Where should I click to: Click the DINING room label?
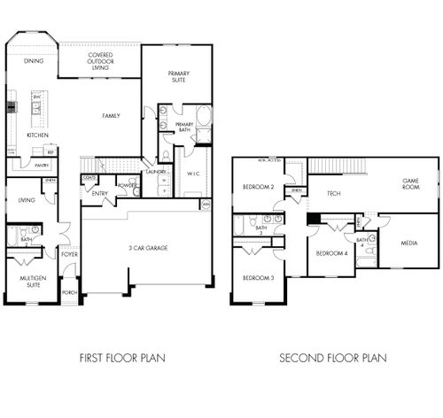34,61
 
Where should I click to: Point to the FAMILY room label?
111,115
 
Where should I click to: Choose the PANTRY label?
41,165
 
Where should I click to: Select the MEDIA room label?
408,243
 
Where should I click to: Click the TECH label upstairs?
334,193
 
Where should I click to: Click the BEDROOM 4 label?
330,254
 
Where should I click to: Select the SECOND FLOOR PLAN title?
333,359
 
